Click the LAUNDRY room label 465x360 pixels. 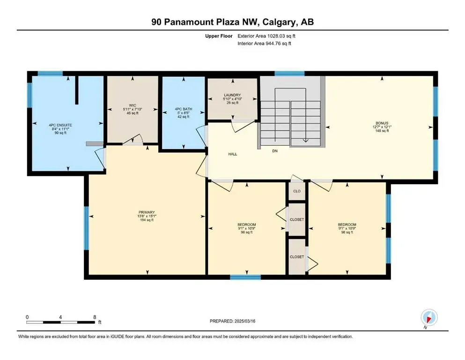232,95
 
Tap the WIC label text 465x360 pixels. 133,105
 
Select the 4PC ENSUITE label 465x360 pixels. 60,125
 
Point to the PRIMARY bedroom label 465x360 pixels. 147,212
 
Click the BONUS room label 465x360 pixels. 382,123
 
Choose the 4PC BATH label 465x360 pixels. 184,109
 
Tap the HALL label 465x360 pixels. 233,154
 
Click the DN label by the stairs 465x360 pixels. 275,151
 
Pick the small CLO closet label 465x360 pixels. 297,191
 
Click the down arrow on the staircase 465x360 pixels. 305,140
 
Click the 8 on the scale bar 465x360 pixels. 95,317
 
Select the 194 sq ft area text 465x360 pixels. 147,220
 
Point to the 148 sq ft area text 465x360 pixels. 382,131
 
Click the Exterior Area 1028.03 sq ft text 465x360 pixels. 266,36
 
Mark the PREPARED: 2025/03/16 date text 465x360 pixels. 232,321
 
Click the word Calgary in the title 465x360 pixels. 279,22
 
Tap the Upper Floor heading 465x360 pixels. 219,36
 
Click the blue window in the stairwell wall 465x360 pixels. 289,74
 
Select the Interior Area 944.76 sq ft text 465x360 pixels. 264,43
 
